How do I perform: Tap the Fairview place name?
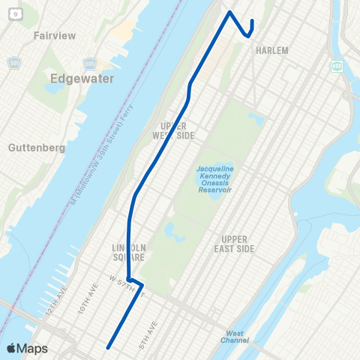[51, 34]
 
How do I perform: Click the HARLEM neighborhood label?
[271, 51]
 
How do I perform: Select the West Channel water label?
[234, 337]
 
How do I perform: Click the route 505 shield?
[90, 63]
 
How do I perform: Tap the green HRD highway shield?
[337, 65]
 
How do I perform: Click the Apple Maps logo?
[26, 349]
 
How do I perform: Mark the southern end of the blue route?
[109, 347]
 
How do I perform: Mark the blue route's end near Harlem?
[252, 21]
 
